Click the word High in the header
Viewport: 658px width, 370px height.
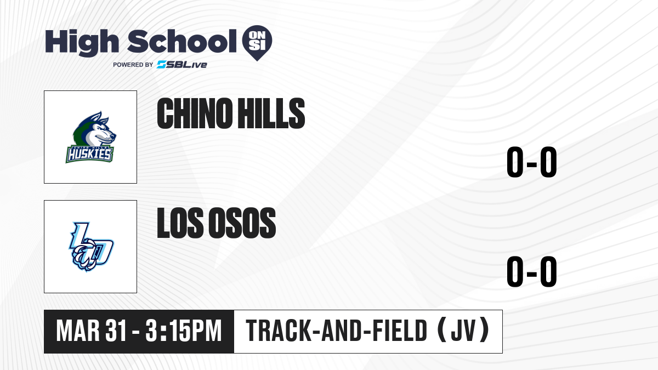pos(82,42)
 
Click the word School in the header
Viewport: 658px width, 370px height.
pos(182,41)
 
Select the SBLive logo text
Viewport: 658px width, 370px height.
pos(181,65)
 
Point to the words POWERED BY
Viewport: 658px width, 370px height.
pos(133,65)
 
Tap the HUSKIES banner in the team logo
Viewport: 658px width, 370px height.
pos(89,154)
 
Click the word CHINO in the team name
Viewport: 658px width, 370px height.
pos(195,113)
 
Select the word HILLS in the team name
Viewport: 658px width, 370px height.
pos(271,113)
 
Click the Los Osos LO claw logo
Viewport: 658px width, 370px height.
pos(91,247)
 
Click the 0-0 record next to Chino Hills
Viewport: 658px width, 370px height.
pos(532,162)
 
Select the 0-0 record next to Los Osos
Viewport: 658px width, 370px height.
pos(532,271)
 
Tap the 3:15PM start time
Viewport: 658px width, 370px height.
pos(183,331)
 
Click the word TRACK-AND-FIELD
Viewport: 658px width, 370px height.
pos(336,331)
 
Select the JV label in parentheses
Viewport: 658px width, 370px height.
pos(463,331)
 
